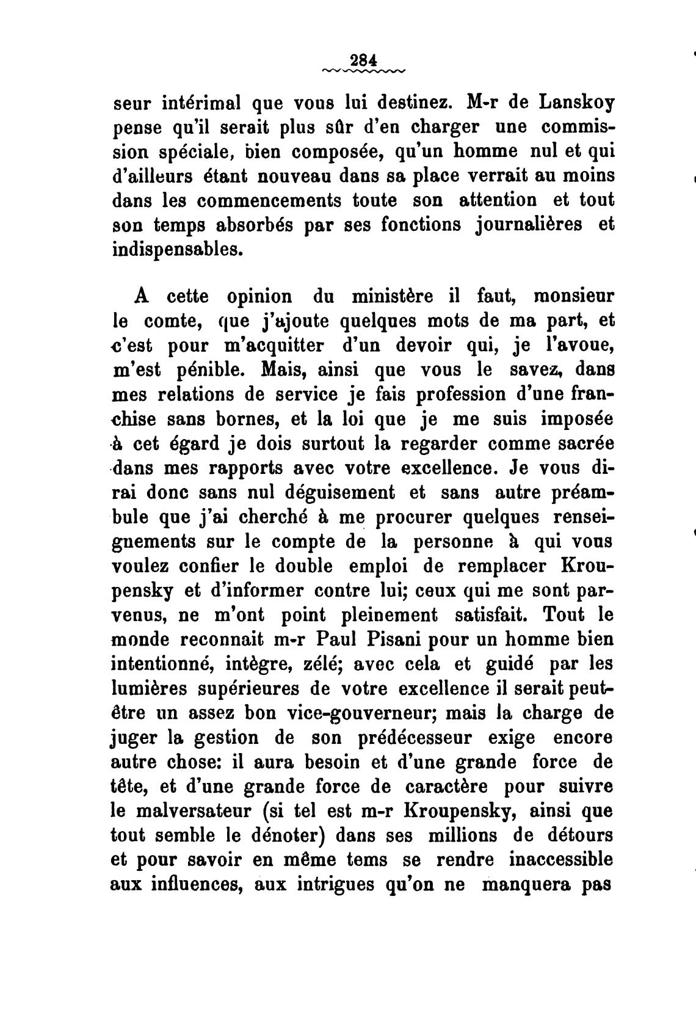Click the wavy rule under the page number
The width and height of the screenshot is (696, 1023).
pos(363,72)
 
